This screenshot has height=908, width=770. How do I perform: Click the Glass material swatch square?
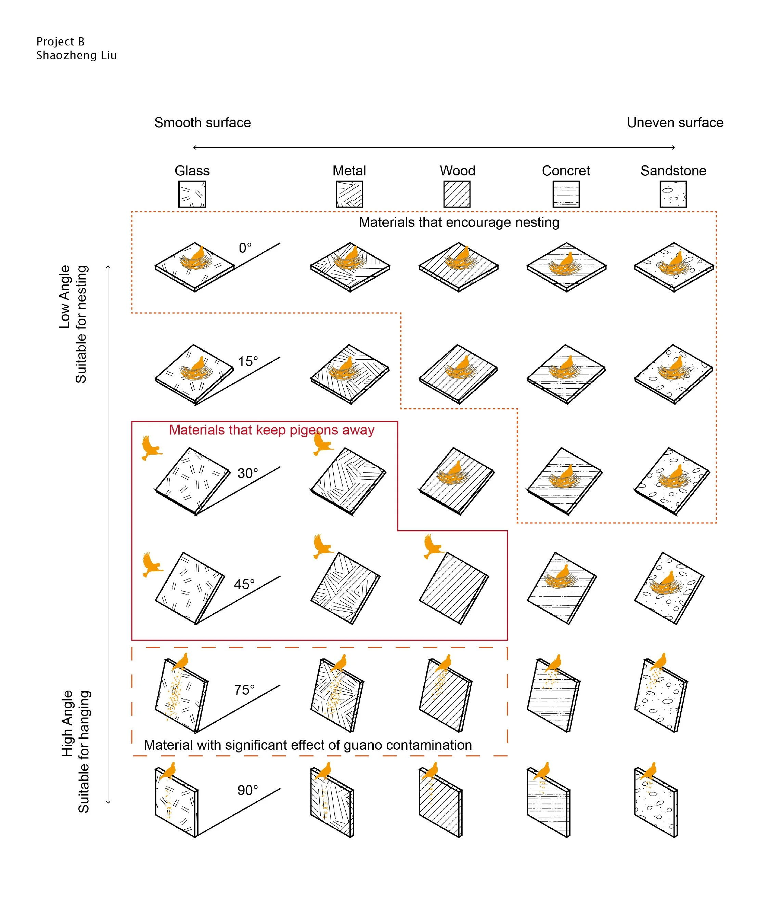(192, 194)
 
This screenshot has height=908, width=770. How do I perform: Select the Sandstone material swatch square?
(673, 194)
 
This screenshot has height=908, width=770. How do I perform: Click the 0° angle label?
(245, 248)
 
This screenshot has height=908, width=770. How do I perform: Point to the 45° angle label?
(244, 584)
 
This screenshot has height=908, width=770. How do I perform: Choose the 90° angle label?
(247, 790)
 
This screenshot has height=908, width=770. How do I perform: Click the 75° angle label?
(244, 690)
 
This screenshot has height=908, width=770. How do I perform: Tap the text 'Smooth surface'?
(203, 122)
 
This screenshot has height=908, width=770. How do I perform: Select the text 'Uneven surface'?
(675, 122)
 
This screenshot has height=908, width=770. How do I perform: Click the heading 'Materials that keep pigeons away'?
(271, 430)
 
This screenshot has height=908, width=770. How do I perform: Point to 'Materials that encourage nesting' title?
(459, 223)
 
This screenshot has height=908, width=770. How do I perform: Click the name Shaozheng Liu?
(76, 55)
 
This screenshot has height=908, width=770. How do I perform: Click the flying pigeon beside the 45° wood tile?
(433, 546)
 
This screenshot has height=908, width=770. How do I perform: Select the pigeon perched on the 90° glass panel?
(168, 771)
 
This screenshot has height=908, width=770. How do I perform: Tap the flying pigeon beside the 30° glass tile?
(151, 447)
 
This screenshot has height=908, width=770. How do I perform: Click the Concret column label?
(566, 171)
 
